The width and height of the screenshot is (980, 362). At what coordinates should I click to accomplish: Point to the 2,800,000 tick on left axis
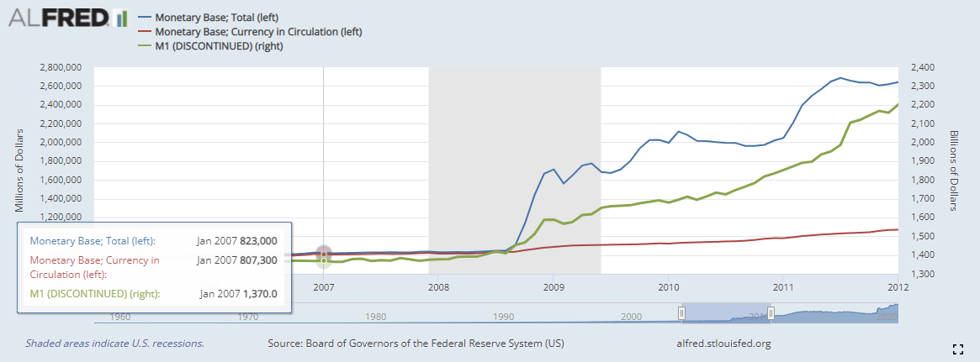pos(60,67)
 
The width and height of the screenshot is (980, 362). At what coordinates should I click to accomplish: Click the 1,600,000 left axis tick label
pos(60,180)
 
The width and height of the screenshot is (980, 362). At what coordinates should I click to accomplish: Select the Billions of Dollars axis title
pos(955,170)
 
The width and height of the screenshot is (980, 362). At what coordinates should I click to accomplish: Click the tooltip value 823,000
pos(258,240)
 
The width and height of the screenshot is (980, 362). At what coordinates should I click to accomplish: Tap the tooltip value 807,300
pos(258,260)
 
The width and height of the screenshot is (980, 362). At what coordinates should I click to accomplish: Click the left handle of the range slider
pos(682,313)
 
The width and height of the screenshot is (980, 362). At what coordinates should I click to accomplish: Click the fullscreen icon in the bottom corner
pos(956,349)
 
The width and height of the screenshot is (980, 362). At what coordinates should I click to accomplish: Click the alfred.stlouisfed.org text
pos(723,344)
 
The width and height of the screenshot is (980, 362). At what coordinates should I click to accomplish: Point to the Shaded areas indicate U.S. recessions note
pos(114,344)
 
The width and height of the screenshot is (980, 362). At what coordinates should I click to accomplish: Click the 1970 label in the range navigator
pos(249,317)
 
